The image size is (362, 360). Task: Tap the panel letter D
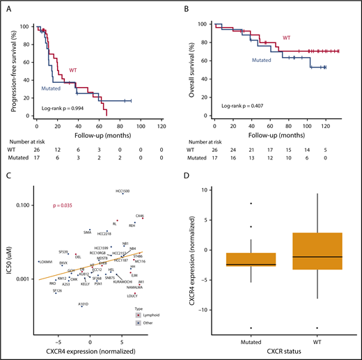coord(193,182)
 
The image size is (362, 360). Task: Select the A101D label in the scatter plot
coord(84,304)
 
